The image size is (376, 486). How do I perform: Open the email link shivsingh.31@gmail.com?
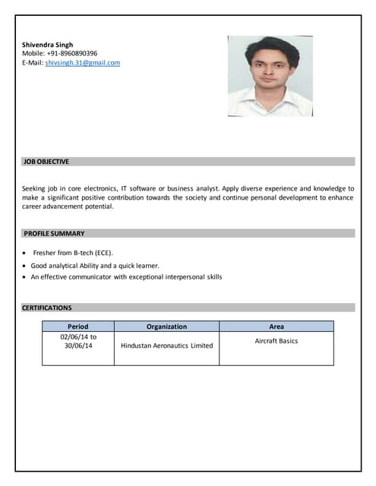pos(83,63)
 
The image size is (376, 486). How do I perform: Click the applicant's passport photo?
pos(270,75)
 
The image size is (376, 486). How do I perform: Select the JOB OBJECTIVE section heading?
pos(46,162)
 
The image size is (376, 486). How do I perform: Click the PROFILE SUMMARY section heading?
pos(54,233)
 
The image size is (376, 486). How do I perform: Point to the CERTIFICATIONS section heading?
pos(47,308)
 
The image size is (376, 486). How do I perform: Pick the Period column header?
pos(78,327)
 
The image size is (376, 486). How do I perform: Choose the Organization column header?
pos(166,327)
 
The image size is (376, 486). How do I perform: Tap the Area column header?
pos(276,327)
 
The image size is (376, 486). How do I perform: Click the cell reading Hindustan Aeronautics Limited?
pos(166,346)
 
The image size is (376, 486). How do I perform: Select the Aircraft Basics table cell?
pos(276,341)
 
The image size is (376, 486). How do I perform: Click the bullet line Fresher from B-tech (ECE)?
pos(73,252)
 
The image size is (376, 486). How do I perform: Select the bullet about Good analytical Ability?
pos(95,266)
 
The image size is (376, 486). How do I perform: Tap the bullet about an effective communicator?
pos(126,277)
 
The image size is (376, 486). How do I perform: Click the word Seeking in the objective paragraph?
pos(35,188)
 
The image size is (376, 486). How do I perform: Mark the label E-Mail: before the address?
pos(33,63)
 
